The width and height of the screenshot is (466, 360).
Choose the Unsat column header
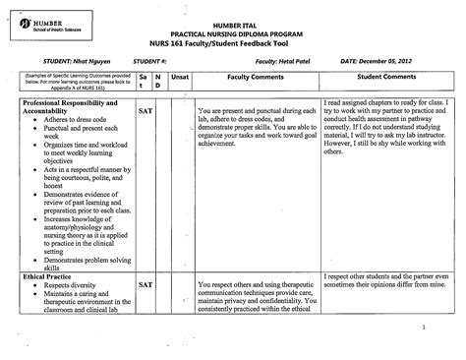click(180, 75)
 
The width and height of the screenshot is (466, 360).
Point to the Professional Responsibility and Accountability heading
click(69, 107)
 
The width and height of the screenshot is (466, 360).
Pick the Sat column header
click(144, 80)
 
